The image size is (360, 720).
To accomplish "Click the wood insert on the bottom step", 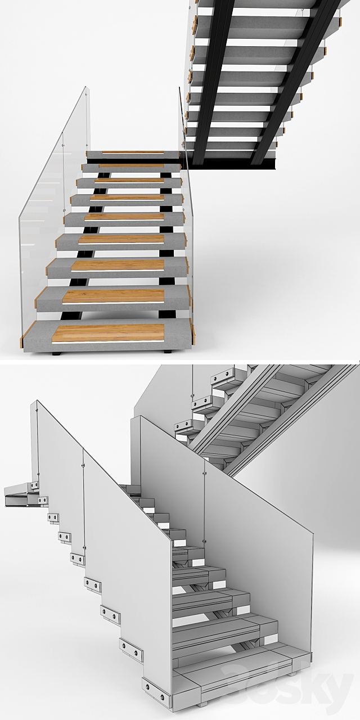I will [x=109, y=332].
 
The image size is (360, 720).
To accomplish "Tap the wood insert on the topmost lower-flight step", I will [x=133, y=152].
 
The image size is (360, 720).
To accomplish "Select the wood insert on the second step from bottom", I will [x=113, y=296].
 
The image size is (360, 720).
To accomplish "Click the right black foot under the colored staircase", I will [x=167, y=352].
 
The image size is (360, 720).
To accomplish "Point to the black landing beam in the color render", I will [x=233, y=163].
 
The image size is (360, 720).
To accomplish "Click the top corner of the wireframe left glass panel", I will [x=37, y=401].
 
